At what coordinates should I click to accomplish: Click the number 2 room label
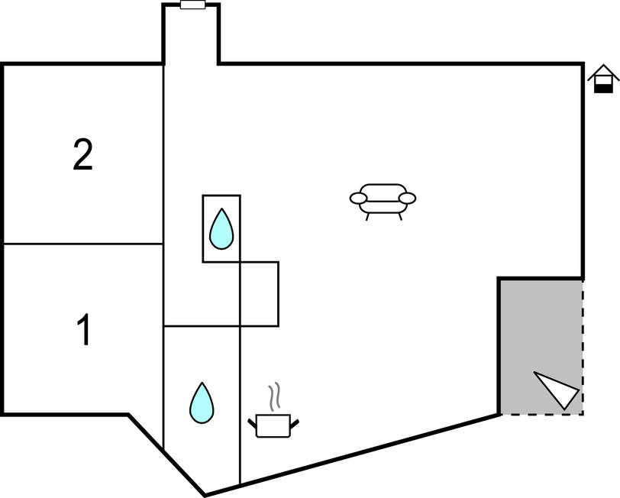[83, 155]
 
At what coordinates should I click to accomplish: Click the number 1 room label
[84, 331]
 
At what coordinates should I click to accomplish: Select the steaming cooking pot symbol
[273, 424]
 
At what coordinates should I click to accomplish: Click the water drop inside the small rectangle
[221, 228]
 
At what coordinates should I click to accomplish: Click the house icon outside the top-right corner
[603, 79]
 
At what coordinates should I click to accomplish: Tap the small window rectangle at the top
[192, 5]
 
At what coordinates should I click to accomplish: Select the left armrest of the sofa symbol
[358, 199]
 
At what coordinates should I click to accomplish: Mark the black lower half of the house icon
[603, 88]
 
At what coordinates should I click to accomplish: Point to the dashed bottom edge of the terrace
[542, 414]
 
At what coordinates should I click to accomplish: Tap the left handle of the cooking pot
[253, 421]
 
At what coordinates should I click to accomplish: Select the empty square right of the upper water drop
[259, 294]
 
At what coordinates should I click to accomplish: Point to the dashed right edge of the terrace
[583, 344]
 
